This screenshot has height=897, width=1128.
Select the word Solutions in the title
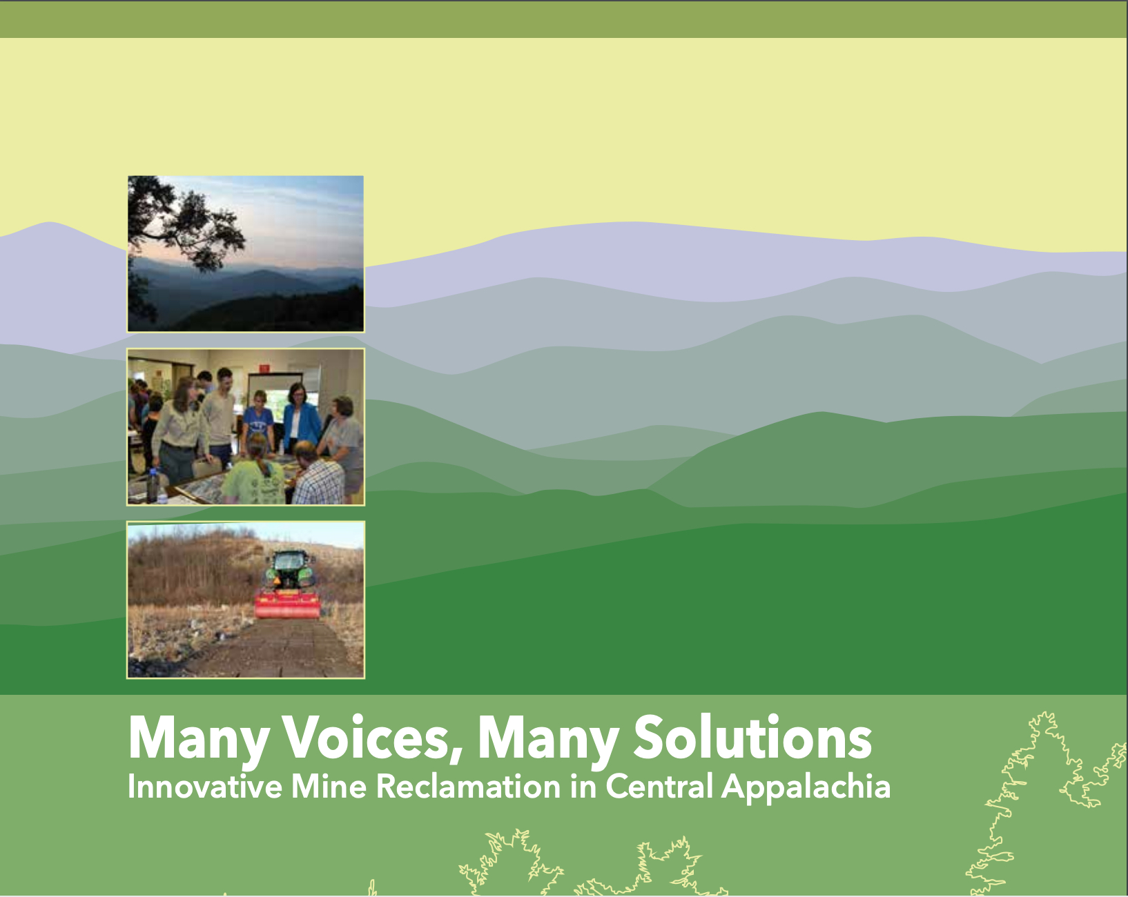click(x=752, y=737)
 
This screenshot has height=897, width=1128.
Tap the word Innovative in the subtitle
click(x=205, y=787)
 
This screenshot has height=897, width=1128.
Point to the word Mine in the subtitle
click(x=329, y=787)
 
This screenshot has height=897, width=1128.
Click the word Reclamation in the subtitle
click(x=468, y=787)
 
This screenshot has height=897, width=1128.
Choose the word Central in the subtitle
click(x=659, y=787)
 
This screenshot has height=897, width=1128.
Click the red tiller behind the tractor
click(x=287, y=604)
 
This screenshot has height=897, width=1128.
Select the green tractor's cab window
click(x=288, y=562)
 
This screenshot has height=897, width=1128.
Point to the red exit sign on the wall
click(x=264, y=368)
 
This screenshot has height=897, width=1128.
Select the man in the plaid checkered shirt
click(x=318, y=473)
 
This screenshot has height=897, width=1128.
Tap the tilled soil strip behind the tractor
click(x=273, y=647)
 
